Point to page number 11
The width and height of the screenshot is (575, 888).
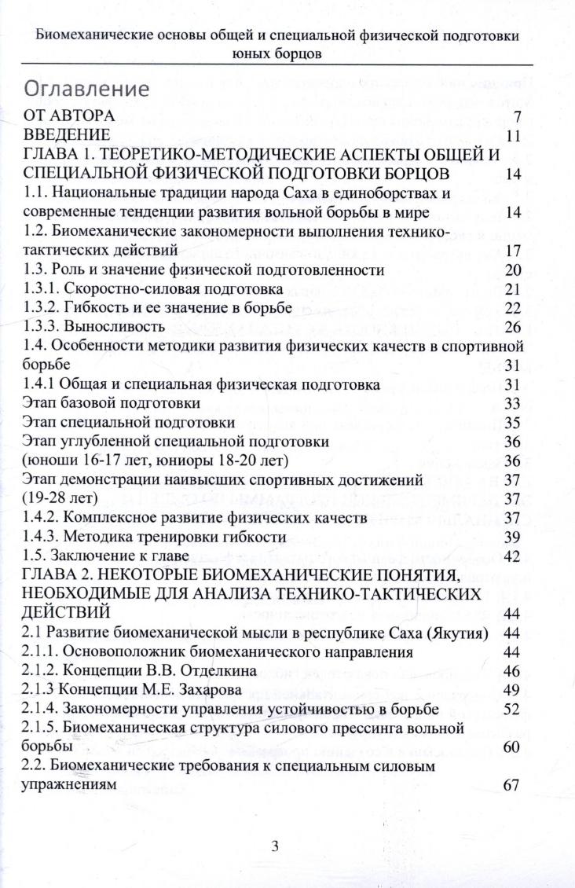[x=514, y=136]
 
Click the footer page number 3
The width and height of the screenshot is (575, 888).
[x=275, y=846]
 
